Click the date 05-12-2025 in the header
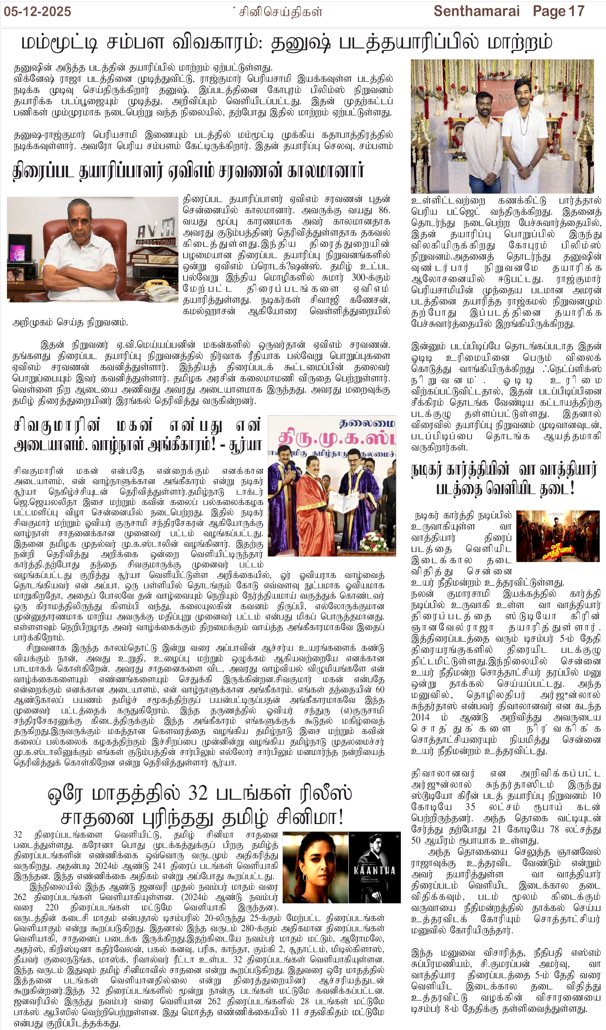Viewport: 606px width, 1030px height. pyautogui.click(x=37, y=12)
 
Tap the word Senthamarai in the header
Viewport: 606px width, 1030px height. pyautogui.click(x=476, y=12)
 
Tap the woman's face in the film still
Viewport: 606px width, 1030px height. pyautogui.click(x=315, y=858)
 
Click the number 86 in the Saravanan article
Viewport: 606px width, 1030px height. pyautogui.click(x=384, y=211)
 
